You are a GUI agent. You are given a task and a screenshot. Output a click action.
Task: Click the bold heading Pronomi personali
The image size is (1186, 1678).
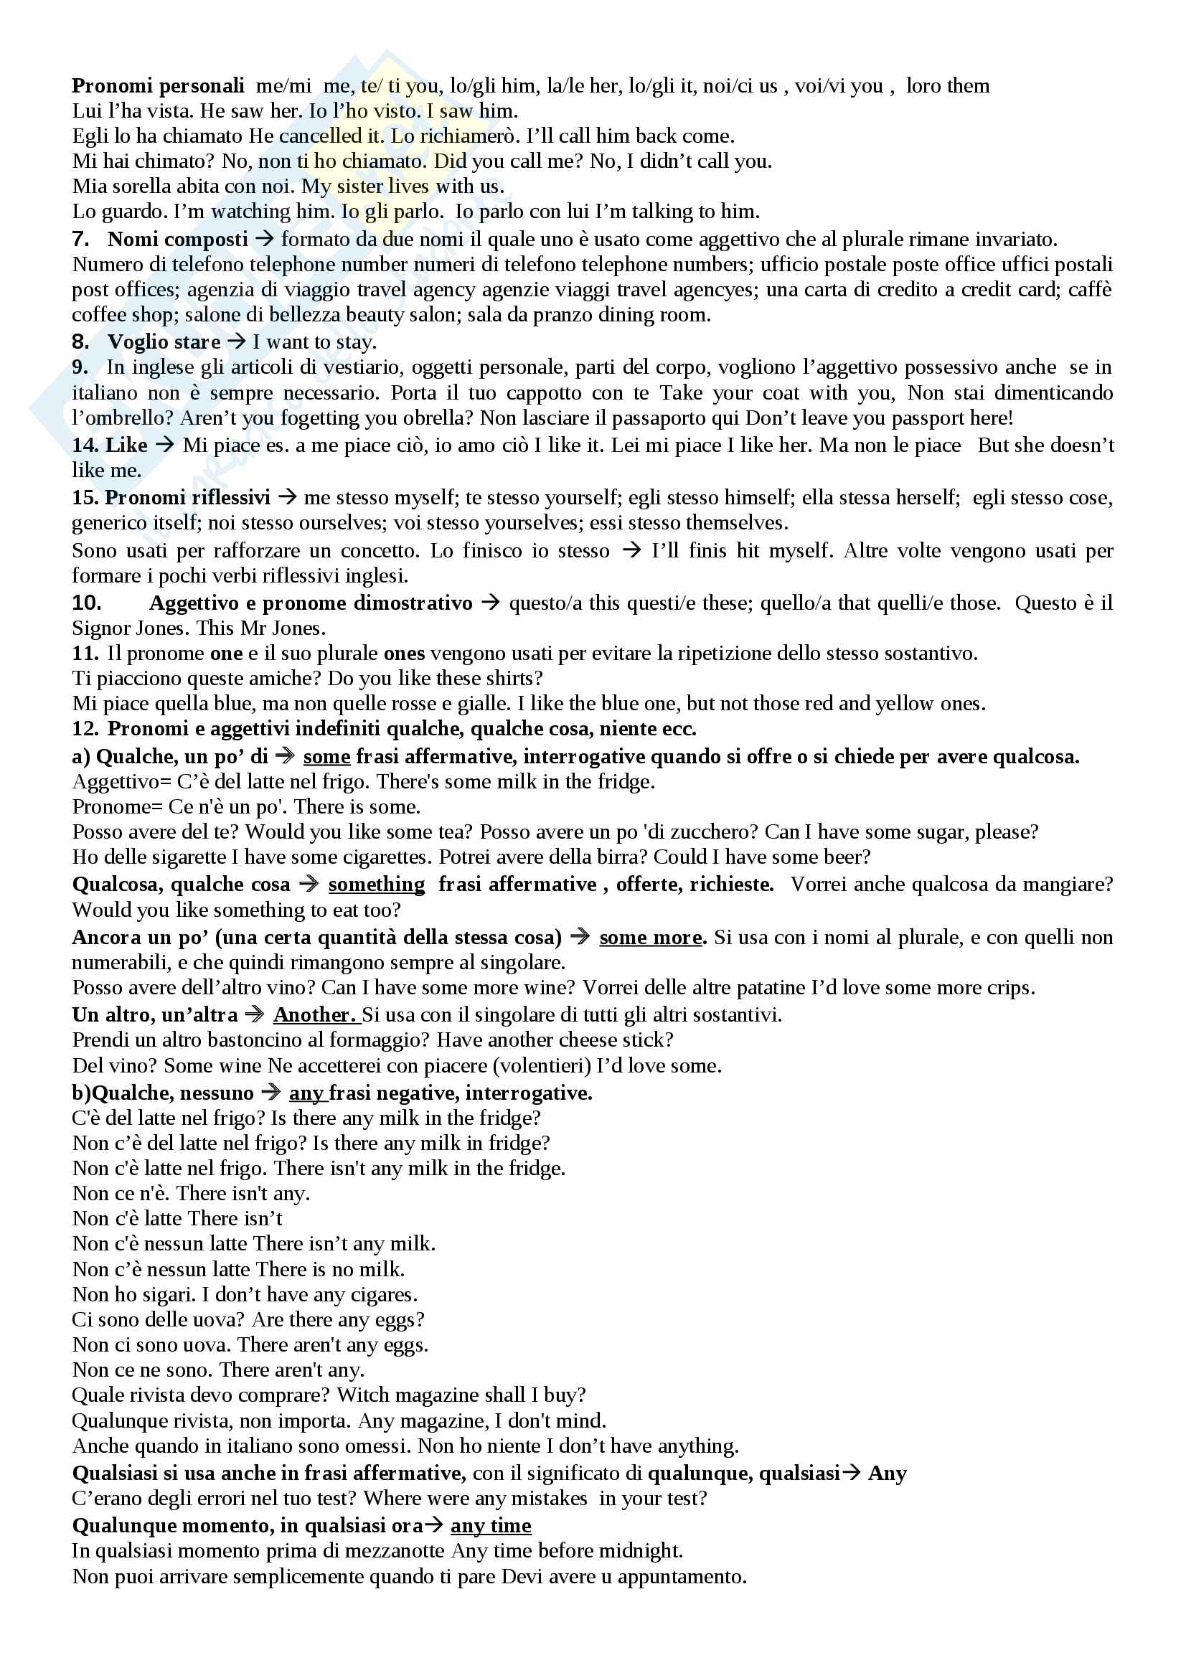[x=158, y=86]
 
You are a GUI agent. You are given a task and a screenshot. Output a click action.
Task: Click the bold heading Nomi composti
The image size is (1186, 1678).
[x=177, y=239]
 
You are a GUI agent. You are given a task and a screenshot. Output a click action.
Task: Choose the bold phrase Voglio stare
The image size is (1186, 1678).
[x=164, y=341]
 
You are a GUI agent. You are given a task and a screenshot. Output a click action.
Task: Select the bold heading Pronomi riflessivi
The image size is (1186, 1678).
[x=187, y=498]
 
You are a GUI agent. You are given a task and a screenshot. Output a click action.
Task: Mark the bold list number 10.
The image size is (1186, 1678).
[x=86, y=603]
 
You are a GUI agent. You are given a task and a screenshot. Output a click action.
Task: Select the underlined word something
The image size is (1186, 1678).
[x=377, y=885]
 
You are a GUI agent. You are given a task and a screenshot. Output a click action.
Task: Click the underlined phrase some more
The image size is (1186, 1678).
[x=650, y=938]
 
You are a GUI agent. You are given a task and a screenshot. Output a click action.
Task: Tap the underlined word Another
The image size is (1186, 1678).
[x=314, y=1014]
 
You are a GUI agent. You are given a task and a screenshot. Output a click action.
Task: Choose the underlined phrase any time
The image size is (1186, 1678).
[x=491, y=1525]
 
